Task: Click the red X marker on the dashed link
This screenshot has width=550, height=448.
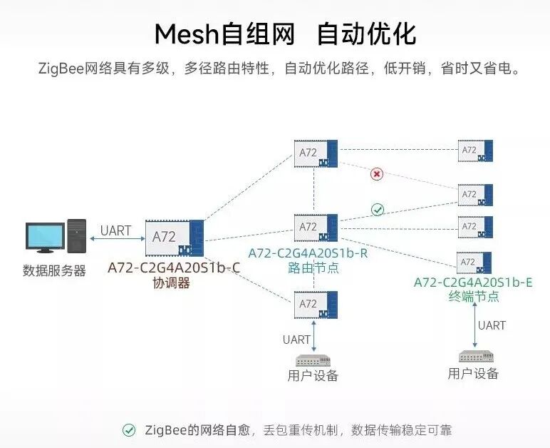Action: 377,174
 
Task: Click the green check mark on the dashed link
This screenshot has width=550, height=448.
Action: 378,210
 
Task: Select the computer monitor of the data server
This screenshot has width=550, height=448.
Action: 44,238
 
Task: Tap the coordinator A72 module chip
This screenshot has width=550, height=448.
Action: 174,238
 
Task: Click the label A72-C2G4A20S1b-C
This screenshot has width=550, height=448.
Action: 174,268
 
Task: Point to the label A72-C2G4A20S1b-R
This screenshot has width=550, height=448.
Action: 308,253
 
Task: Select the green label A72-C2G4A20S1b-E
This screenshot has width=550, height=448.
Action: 473,282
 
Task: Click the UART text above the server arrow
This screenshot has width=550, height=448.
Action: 115,230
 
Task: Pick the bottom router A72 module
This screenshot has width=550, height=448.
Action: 316,305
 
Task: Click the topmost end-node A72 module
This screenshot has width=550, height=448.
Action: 475,151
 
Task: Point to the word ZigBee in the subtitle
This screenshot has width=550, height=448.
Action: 61,69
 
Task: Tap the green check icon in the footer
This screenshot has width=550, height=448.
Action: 129,430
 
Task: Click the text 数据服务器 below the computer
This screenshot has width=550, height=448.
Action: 54,271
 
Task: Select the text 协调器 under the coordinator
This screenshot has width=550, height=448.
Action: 171,282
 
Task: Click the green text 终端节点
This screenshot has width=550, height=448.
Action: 474,297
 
